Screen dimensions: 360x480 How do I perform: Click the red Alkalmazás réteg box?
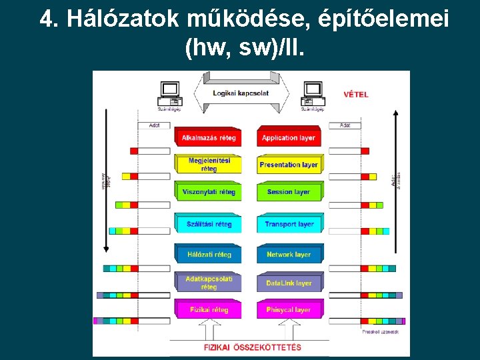pos(209,137)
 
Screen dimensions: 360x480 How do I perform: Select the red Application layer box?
pos(288,137)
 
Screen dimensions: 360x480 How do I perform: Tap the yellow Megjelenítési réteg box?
pos(209,164)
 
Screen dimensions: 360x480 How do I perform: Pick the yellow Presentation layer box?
pos(288,164)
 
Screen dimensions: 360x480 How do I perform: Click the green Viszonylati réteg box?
pos(209,192)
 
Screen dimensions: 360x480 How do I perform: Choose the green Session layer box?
pos(288,192)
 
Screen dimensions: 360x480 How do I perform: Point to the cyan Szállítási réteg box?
pos(209,224)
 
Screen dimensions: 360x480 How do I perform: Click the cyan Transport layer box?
pos(288,224)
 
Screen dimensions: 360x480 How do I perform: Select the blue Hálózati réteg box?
pos(209,254)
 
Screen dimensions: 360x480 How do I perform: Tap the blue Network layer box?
pos(288,254)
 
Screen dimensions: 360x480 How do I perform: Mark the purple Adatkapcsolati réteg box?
pos(209,283)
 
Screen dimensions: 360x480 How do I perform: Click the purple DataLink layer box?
pos(288,283)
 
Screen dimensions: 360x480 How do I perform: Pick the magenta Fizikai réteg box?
pos(209,309)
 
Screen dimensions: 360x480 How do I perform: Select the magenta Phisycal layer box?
pos(288,309)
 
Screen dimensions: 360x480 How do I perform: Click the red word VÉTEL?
pos(355,95)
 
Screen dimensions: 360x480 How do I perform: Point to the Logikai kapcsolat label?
pos(241,93)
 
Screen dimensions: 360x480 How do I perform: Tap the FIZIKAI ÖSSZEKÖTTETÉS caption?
pos(252,347)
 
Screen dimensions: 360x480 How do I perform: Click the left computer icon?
pos(169,92)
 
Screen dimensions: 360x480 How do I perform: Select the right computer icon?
pos(312,92)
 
